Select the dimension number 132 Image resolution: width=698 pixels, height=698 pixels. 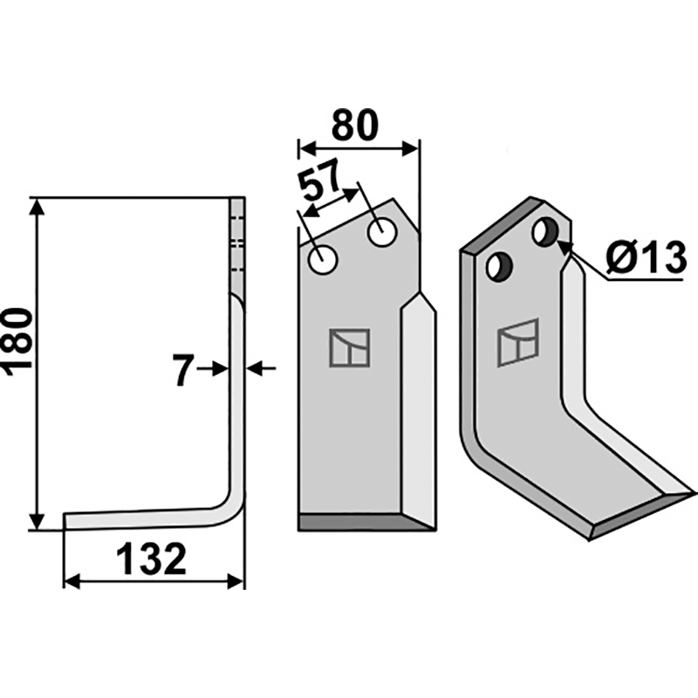151,558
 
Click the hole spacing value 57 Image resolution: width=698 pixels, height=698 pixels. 320,181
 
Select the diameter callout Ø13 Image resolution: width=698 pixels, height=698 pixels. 644,257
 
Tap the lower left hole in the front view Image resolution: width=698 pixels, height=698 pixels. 323,259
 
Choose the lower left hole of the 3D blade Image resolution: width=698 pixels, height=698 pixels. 500,266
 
